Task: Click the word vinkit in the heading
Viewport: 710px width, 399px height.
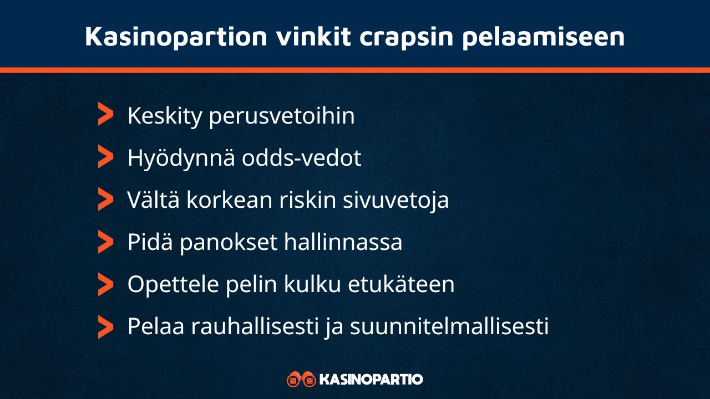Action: click(x=313, y=37)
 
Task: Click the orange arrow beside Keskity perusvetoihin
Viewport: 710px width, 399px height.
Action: click(x=105, y=114)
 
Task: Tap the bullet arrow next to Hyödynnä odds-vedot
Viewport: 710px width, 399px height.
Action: click(x=105, y=157)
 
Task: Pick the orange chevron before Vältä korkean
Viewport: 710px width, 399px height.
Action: click(x=105, y=199)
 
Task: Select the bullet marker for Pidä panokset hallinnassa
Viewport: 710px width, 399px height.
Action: click(x=105, y=242)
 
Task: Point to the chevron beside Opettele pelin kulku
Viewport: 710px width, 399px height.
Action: click(x=105, y=284)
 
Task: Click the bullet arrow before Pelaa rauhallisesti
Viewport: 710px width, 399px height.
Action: click(x=105, y=326)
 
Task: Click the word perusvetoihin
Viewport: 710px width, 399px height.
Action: click(x=282, y=116)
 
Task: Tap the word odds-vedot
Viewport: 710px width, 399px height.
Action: click(x=302, y=158)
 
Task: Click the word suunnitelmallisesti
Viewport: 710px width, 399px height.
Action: click(x=449, y=326)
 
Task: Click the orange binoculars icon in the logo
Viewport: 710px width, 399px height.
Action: click(x=301, y=380)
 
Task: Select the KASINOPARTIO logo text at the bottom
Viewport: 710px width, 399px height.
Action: click(x=372, y=380)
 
